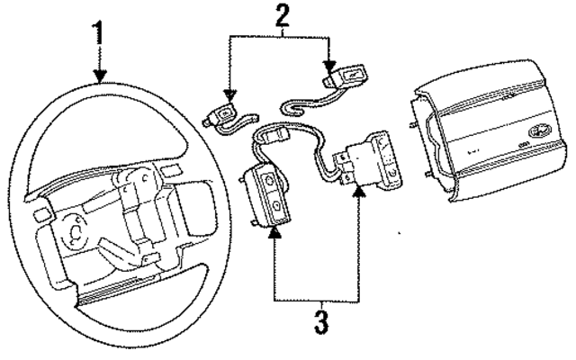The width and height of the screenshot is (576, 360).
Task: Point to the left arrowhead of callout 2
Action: coord(229,94)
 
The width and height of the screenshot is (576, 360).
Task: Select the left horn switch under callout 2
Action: coord(222,115)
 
